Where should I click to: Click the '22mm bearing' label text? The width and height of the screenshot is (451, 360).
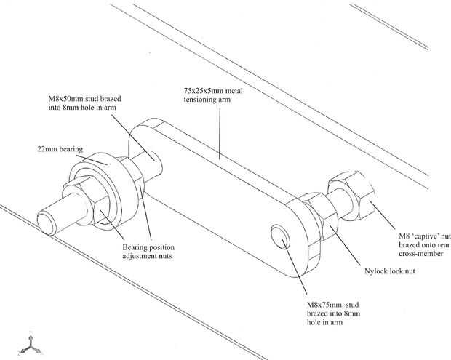(60, 149)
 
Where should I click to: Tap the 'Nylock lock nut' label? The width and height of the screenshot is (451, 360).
(390, 271)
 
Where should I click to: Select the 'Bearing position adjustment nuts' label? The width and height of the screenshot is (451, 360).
(148, 252)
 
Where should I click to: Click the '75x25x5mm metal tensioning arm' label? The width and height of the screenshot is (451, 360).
(213, 95)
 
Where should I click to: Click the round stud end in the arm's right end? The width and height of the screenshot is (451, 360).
(281, 237)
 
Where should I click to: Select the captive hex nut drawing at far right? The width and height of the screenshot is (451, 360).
(351, 196)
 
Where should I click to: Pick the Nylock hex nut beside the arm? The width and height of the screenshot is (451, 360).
(321, 216)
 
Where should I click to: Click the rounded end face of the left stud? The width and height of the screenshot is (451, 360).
(45, 223)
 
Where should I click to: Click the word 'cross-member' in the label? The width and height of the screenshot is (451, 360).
(420, 254)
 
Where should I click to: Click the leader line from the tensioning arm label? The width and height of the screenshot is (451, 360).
(220, 133)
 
